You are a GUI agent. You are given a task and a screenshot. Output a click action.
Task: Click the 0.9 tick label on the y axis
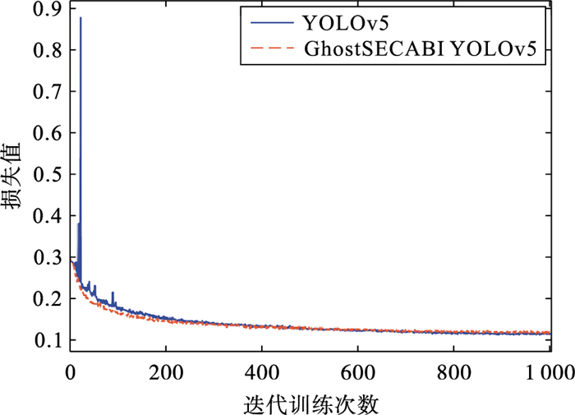50,11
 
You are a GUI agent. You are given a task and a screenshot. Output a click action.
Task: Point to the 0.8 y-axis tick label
50,51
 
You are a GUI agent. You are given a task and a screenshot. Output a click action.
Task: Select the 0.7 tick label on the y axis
50,92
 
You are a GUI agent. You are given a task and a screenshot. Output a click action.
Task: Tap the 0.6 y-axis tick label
50,133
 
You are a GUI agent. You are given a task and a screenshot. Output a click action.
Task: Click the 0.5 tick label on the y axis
50,174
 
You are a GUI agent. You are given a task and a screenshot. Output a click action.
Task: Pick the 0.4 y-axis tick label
50,215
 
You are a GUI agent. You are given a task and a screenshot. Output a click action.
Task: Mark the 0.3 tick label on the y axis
50,256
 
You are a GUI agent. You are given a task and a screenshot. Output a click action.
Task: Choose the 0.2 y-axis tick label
50,297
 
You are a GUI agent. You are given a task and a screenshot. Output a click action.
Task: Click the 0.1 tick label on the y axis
50,339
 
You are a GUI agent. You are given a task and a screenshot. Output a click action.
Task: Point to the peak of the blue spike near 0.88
80,18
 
